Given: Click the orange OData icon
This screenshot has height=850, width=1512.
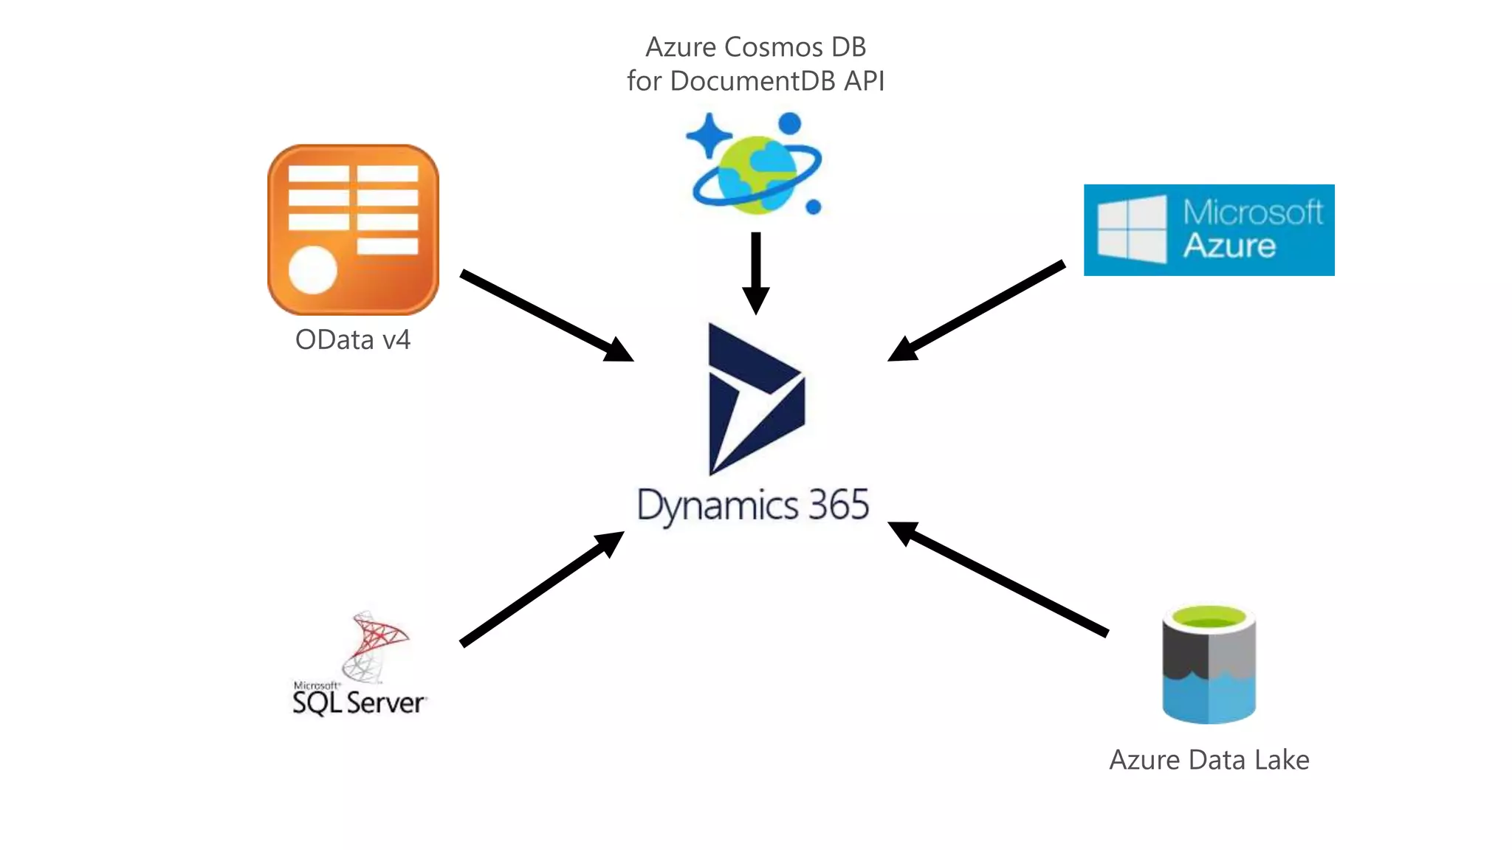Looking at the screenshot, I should (353, 229).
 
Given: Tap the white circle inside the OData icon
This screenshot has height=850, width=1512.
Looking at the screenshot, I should (312, 270).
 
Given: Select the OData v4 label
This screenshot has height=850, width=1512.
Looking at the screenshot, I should (352, 339).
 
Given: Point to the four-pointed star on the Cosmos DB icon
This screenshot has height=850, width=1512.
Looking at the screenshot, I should (708, 135).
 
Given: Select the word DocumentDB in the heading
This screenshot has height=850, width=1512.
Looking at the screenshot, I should (752, 81).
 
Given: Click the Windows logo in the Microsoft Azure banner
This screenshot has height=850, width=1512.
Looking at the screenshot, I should (1132, 229).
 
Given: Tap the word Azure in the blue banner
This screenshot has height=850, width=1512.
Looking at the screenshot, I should (1229, 246).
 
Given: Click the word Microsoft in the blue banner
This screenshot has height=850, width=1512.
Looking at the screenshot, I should (1252, 212).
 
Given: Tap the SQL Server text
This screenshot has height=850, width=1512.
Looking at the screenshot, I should (359, 702).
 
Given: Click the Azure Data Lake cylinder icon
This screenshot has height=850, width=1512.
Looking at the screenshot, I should (1209, 664).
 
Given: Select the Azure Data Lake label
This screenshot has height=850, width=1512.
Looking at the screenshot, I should (1209, 760).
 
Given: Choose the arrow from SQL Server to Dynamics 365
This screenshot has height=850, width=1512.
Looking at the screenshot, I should (543, 588).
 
